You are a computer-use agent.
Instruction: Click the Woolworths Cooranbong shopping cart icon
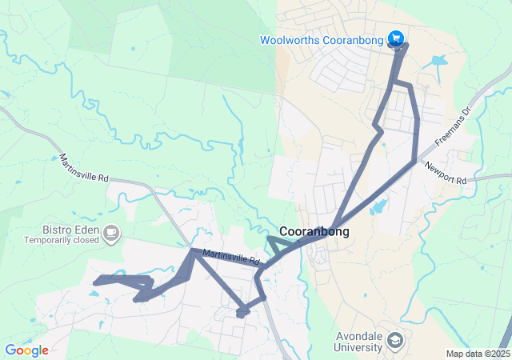395,38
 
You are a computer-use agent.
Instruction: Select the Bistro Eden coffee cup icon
111,234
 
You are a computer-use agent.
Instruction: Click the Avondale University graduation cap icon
395,340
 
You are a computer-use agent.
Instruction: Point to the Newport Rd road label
446,174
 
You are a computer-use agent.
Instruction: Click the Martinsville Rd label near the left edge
82,167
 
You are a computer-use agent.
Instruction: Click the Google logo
26,350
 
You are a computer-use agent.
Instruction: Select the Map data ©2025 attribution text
478,354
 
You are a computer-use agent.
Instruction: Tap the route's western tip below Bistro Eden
96,281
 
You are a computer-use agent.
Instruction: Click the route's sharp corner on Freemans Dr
414,162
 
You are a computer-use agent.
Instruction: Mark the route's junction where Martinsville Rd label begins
193,252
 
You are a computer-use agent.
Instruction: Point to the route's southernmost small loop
242,312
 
